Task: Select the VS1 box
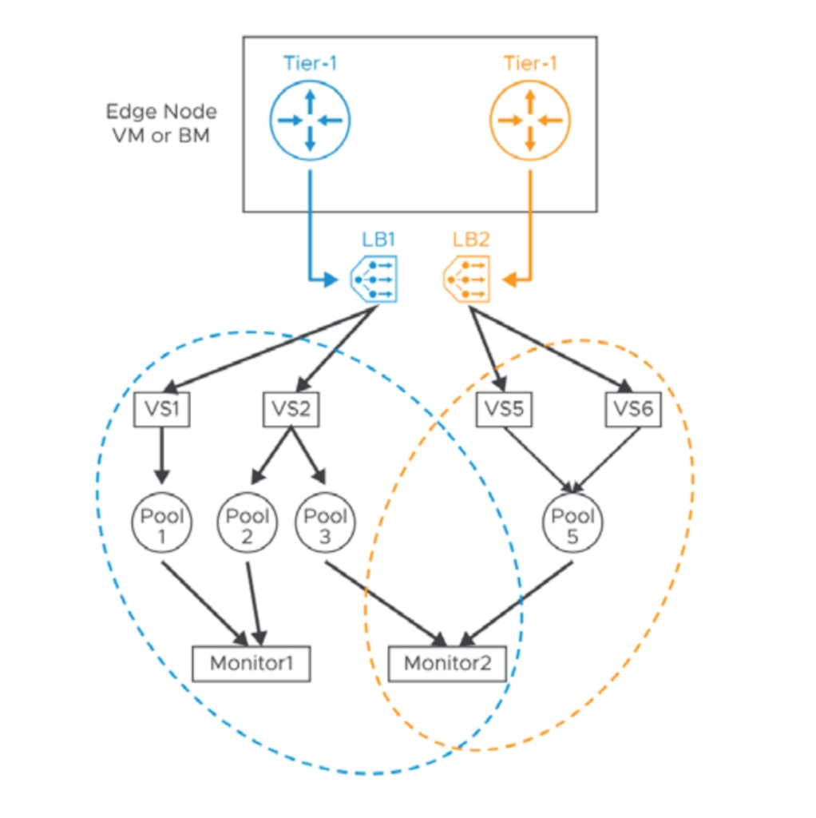[161, 410]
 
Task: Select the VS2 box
[291, 410]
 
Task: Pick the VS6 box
[633, 410]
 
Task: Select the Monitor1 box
[252, 663]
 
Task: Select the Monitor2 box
[446, 663]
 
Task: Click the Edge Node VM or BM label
[161, 123]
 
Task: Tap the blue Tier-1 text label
[310, 63]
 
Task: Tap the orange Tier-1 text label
[530, 63]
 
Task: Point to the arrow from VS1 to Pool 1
[162, 455]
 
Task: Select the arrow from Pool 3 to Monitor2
[383, 602]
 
